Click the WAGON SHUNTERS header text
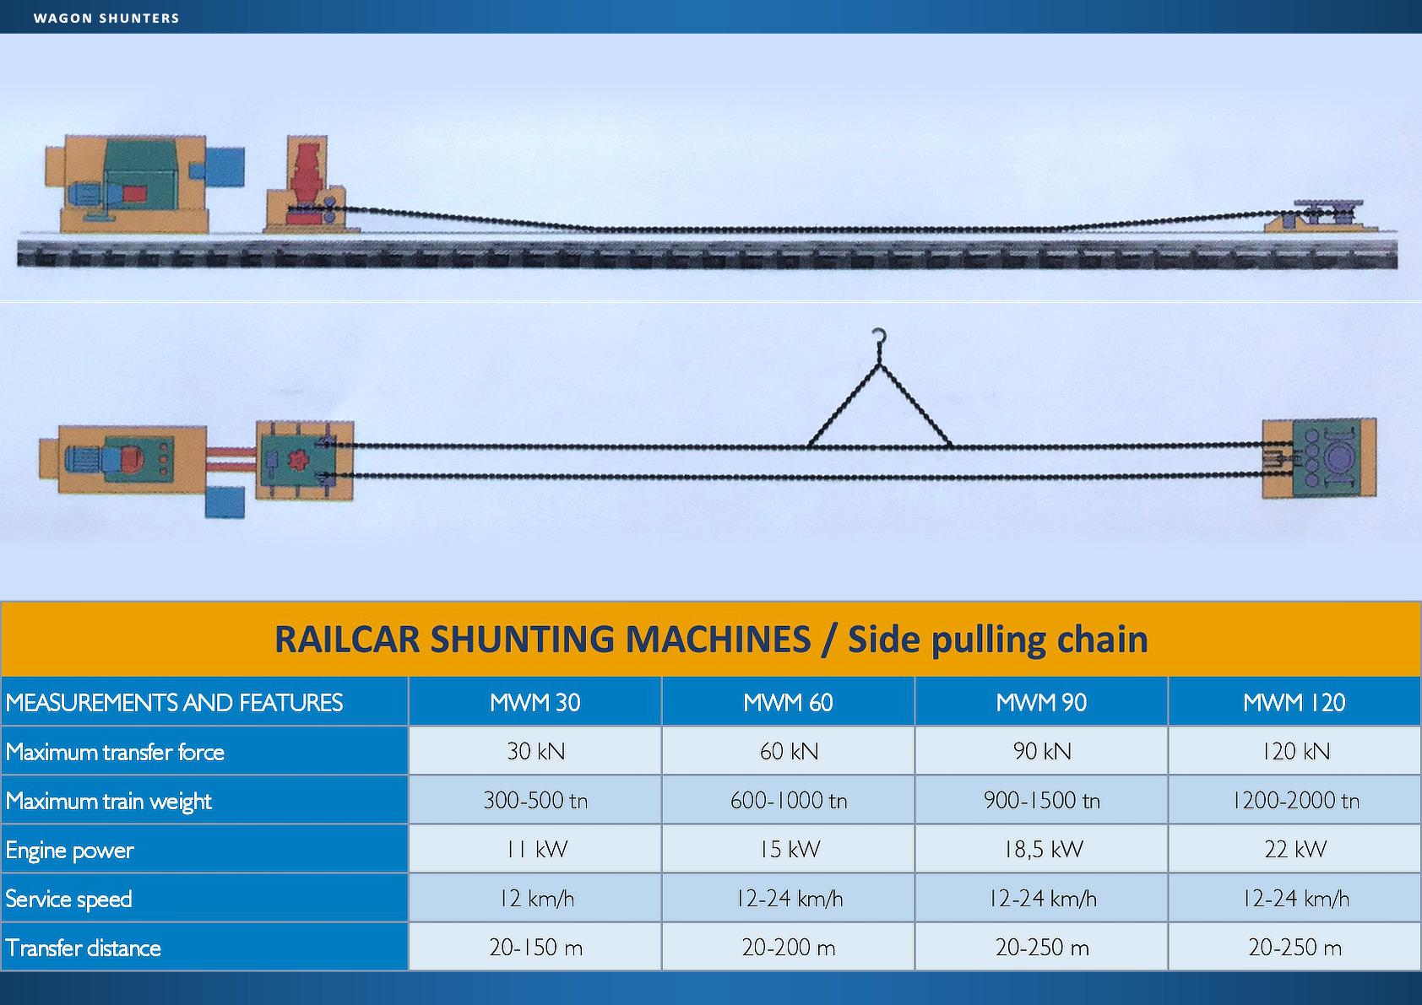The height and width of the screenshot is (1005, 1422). [106, 18]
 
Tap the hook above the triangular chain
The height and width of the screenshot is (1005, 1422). [879, 338]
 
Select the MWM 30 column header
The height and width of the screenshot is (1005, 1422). [535, 702]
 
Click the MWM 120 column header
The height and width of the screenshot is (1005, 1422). [1294, 702]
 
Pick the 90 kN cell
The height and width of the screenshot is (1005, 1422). [1041, 751]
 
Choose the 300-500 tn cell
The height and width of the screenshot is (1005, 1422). [535, 800]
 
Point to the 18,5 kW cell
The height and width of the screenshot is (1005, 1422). [1041, 849]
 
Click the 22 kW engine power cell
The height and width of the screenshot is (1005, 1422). [1294, 849]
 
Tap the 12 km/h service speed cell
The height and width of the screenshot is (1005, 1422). [535, 899]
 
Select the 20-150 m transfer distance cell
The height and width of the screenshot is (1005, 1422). [535, 948]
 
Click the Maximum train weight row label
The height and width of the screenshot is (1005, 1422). [108, 801]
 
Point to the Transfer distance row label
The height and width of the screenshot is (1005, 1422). [83, 948]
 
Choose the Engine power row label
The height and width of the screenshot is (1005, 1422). [69, 850]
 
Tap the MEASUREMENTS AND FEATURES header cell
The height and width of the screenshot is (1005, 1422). [174, 702]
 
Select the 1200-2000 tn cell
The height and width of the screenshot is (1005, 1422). [1294, 800]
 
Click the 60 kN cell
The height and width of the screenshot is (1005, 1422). [789, 751]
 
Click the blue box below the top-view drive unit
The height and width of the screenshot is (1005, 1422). [225, 501]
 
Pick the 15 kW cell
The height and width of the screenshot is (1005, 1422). [789, 849]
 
